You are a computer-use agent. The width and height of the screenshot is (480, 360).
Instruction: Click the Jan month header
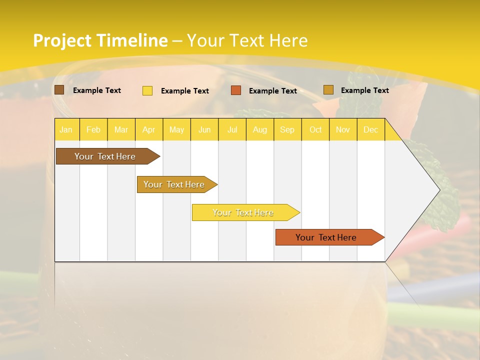point(66,129)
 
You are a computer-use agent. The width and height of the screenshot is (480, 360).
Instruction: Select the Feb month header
point(93,129)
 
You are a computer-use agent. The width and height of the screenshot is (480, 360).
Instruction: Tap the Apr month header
point(148,129)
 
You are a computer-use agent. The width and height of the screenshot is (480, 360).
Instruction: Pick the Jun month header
point(204,129)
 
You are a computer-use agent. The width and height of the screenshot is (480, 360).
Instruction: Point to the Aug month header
point(259,129)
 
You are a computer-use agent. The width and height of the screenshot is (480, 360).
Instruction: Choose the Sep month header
point(287,129)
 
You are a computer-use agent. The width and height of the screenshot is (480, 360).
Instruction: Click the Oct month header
point(315,129)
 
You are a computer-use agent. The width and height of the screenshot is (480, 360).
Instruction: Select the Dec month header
point(370,129)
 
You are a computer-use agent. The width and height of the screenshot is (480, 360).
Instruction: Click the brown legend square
point(59,90)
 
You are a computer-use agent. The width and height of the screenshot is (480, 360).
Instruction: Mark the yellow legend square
point(147,90)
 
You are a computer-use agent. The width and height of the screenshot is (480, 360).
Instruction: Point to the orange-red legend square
point(236,90)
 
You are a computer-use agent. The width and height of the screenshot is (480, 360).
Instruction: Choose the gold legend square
point(328,90)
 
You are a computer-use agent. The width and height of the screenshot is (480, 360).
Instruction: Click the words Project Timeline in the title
point(100,40)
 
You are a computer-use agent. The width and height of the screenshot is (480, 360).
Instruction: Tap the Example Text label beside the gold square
point(364,90)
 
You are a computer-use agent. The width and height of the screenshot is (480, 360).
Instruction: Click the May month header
point(176,129)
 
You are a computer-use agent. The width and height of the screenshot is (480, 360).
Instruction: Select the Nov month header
point(343,129)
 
